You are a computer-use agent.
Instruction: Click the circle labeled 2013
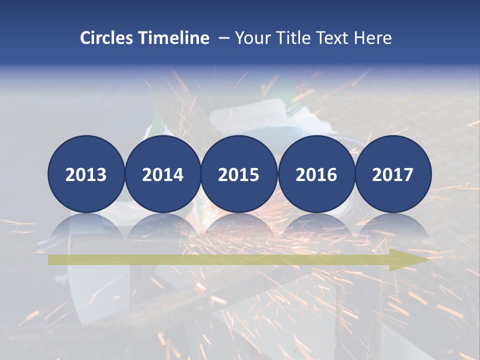click(x=86, y=174)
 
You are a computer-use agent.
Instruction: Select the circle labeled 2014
click(x=162, y=174)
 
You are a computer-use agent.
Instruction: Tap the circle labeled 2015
click(x=239, y=174)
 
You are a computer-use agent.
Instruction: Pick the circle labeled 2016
click(x=316, y=174)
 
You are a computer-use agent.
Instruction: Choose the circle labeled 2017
click(x=392, y=174)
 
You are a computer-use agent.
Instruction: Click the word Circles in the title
click(x=106, y=38)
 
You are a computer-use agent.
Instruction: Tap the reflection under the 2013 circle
click(x=86, y=225)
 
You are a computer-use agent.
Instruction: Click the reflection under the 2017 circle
click(x=392, y=225)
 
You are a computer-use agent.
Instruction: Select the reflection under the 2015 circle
click(x=239, y=225)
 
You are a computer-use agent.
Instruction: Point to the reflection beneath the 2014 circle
click(x=162, y=225)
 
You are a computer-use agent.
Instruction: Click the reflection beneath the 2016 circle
click(x=316, y=225)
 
